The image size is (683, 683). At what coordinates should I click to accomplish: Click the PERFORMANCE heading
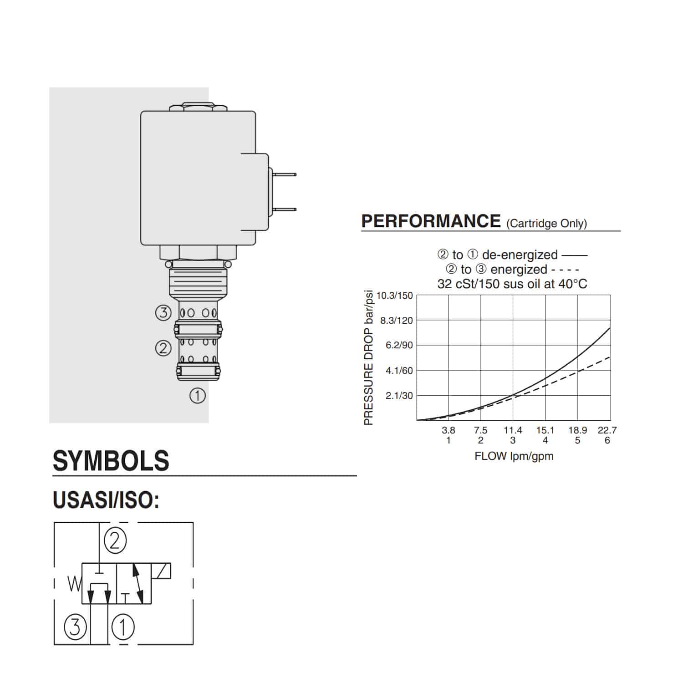coord(431,221)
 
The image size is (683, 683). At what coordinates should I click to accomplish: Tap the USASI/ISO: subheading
coord(106,500)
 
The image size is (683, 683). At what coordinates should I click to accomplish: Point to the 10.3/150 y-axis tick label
coord(394,296)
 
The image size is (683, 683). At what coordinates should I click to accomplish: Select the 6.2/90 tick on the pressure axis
coord(399,345)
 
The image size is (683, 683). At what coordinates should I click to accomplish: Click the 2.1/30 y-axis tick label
coord(399,396)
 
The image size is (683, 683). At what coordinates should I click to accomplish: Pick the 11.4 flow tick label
coord(513,430)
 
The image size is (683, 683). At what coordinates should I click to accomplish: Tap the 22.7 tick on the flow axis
coord(607,430)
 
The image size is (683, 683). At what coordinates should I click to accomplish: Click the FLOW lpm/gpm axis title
coord(514,456)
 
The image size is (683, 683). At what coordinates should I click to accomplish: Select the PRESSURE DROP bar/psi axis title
coord(368,358)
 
